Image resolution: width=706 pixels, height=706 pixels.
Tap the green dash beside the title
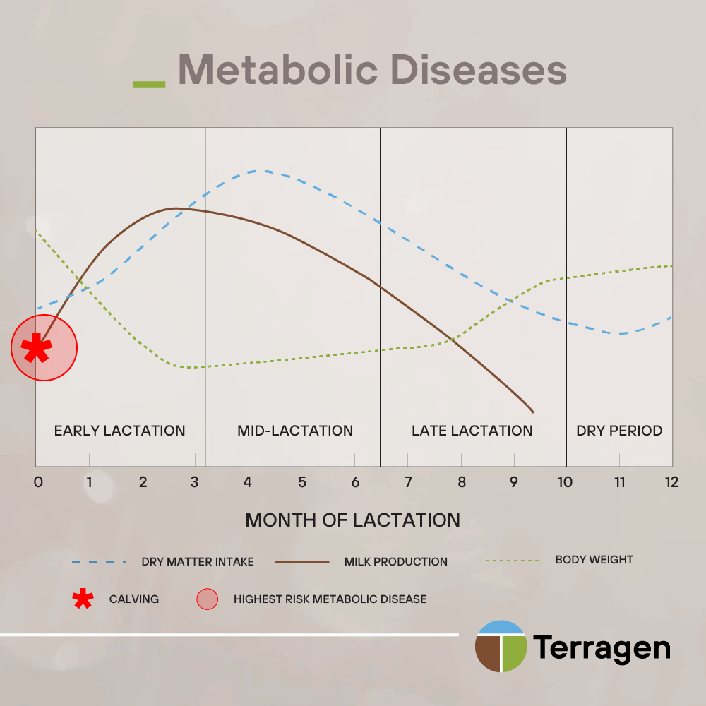pyautogui.click(x=149, y=84)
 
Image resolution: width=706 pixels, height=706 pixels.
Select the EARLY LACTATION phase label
pyautogui.click(x=120, y=431)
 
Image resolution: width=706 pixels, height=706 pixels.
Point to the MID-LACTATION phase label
pyautogui.click(x=295, y=431)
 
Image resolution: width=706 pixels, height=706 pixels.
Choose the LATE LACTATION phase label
pyautogui.click(x=472, y=431)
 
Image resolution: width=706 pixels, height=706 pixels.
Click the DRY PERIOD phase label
pyautogui.click(x=619, y=431)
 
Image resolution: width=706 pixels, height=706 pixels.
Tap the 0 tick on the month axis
pyautogui.click(x=38, y=482)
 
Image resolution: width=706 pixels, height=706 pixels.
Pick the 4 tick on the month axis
pyautogui.click(x=248, y=482)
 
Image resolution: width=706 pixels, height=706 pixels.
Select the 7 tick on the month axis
pyautogui.click(x=408, y=482)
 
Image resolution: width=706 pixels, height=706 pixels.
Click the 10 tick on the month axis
pyautogui.click(x=565, y=482)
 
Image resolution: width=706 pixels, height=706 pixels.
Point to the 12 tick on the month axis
pyautogui.click(x=671, y=482)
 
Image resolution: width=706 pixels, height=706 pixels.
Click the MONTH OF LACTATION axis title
pyautogui.click(x=352, y=520)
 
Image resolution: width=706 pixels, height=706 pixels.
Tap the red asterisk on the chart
pyautogui.click(x=36, y=349)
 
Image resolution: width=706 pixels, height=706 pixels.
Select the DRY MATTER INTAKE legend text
pyautogui.click(x=198, y=562)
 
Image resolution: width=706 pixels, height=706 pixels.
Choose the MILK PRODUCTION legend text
pyautogui.click(x=396, y=562)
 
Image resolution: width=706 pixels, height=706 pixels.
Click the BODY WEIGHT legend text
pyautogui.click(x=594, y=560)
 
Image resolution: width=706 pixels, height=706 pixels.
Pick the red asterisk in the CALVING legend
pyautogui.click(x=83, y=599)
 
